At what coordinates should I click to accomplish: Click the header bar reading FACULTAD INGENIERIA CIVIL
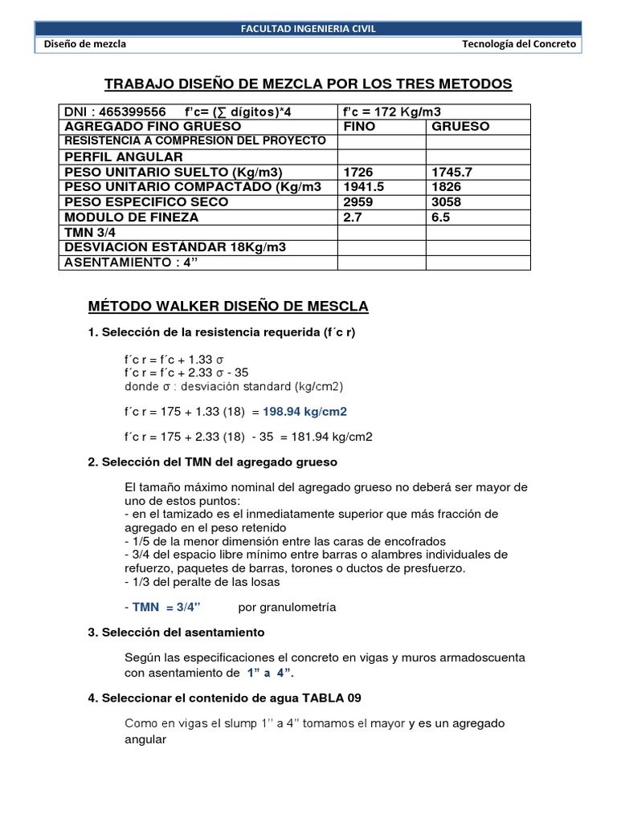click(x=308, y=30)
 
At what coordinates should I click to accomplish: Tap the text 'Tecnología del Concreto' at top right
click(x=519, y=45)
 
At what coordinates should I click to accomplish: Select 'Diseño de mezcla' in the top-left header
click(x=85, y=45)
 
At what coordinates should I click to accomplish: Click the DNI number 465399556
click(x=129, y=112)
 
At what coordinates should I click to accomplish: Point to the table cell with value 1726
click(x=358, y=173)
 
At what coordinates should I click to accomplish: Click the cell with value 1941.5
click(x=364, y=187)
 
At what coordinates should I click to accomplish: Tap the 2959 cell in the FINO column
click(x=358, y=202)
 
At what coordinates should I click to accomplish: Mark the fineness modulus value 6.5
click(x=441, y=218)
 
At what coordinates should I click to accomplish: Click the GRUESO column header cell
click(x=460, y=127)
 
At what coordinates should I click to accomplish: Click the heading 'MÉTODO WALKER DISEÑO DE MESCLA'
click(x=227, y=307)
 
